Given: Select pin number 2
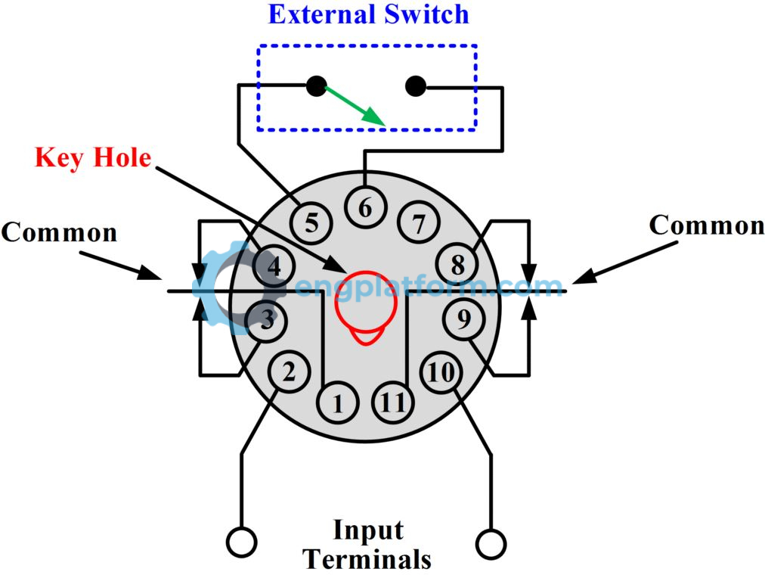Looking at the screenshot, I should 288,372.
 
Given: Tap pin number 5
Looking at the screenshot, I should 311,222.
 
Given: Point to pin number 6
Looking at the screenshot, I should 366,207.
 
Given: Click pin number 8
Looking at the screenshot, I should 458,266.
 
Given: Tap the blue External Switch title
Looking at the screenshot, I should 369,15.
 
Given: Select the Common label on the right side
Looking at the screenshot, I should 707,225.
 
